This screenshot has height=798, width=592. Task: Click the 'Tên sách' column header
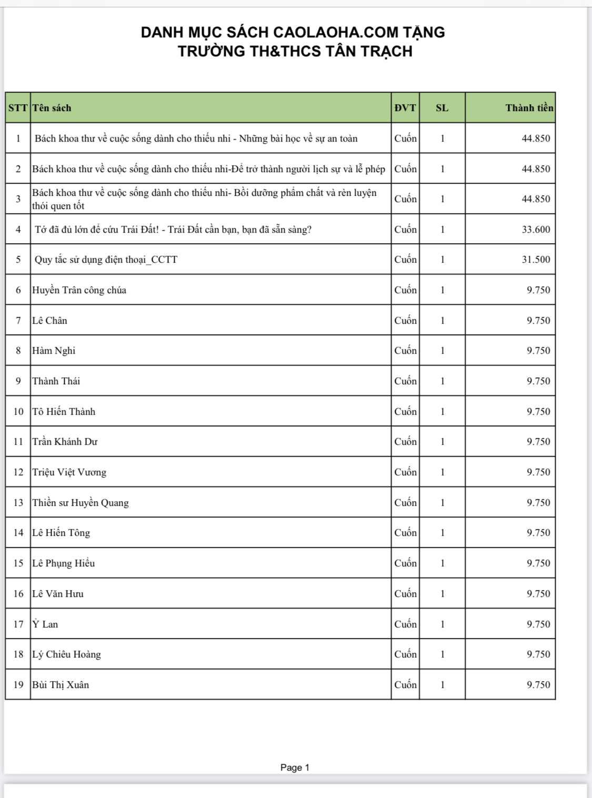52,108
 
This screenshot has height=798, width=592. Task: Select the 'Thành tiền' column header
529,108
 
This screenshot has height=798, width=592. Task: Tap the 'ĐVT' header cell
405,108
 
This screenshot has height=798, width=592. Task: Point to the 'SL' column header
442,108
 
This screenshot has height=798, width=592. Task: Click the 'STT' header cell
18,108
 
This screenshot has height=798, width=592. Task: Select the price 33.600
536,230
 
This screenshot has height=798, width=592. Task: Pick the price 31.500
536,260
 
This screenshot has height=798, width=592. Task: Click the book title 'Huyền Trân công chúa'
79,290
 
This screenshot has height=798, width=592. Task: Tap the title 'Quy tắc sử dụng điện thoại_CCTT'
106,260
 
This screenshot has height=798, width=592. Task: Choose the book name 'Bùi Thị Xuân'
61,685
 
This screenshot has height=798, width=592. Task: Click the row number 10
18,412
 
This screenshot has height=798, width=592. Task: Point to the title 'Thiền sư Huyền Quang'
81,503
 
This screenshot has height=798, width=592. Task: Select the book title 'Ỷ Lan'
45,624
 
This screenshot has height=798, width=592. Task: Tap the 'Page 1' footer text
295,767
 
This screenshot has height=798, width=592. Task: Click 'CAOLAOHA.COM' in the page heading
336,33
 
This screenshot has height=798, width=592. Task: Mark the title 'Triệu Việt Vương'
69,472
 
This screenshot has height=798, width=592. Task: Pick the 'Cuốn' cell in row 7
405,321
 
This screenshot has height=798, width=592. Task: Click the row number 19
18,685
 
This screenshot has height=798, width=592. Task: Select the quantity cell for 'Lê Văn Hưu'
442,594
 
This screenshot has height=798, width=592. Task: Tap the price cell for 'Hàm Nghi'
538,351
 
